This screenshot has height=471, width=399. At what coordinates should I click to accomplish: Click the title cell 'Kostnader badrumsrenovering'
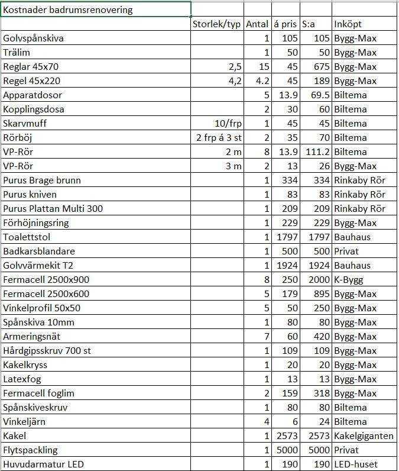68,10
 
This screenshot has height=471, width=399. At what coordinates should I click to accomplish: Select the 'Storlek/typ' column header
218,24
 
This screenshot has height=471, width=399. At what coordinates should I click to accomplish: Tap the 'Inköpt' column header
348,24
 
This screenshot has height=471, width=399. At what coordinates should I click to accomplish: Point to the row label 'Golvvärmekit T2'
38,265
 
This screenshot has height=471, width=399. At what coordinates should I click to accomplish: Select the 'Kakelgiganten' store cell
364,435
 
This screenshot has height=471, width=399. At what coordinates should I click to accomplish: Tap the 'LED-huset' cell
355,464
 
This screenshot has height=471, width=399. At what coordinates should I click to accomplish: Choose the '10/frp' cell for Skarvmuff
228,123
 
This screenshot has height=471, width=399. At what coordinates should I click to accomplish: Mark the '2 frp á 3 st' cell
219,137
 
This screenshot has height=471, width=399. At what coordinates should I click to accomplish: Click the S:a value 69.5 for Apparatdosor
317,95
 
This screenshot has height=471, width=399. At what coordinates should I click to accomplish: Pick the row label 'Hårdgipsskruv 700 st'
47,350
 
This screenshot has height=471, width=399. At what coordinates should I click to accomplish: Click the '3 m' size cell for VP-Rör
233,166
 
